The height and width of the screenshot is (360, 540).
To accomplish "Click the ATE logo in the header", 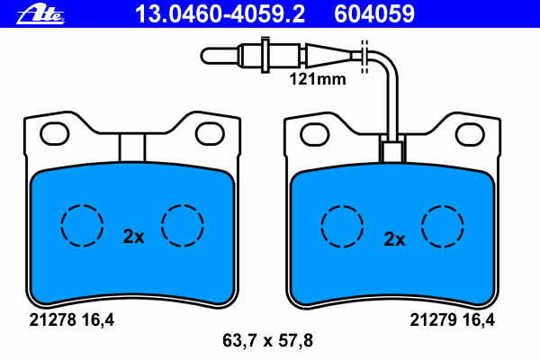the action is click(x=40, y=14).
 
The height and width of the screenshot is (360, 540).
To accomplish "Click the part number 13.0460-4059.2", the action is click(x=220, y=14).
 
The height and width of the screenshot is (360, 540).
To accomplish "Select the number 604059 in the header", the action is click(x=374, y=14).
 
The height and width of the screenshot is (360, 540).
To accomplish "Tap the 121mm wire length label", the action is click(x=318, y=79).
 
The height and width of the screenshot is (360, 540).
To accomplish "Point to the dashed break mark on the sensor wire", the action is click(x=364, y=57).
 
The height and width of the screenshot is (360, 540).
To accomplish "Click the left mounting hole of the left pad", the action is click(x=54, y=134).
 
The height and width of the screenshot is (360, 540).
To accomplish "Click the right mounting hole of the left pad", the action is click(x=210, y=134).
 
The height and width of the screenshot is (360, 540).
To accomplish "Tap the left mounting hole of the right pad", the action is click(x=314, y=134).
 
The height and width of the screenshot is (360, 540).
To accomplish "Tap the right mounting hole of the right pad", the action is click(x=470, y=134).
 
